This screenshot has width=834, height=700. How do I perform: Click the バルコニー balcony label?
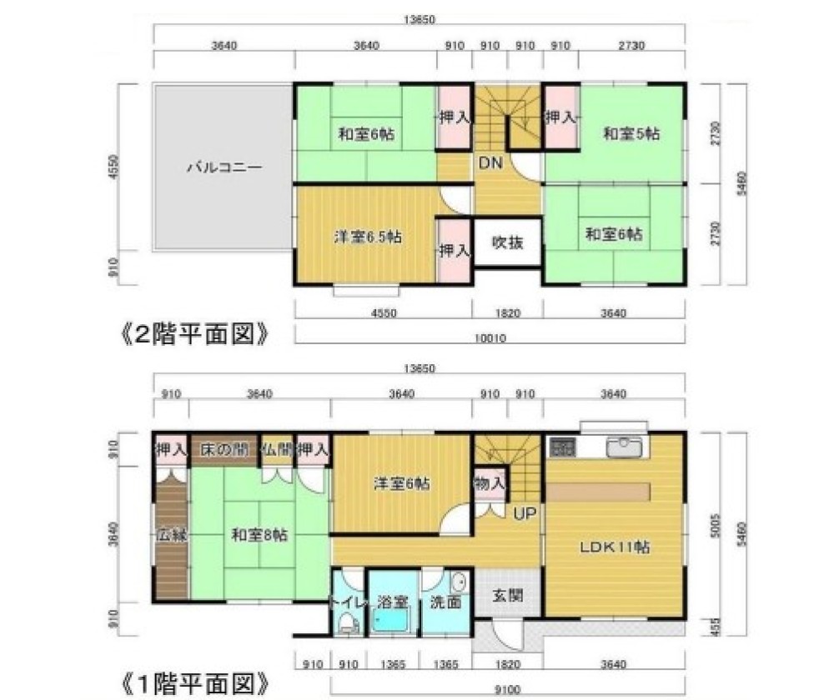(223, 167)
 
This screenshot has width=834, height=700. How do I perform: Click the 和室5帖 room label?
(631, 133)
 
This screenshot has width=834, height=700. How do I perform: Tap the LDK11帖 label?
(615, 547)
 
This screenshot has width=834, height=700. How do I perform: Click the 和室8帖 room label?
(259, 535)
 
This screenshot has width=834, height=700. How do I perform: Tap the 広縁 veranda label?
(170, 535)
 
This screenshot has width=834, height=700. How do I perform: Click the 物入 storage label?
(489, 482)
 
